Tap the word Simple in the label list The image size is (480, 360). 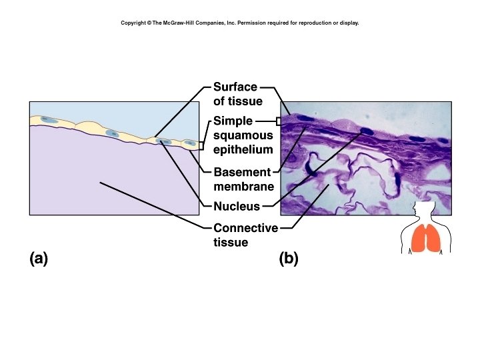point(233,121)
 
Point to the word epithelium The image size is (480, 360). point(243,149)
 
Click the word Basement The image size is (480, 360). point(242,173)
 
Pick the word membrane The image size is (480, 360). point(243,187)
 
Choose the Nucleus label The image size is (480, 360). point(236,206)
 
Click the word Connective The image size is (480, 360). point(245,228)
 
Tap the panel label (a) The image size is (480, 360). point(39,259)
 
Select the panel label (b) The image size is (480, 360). point(289,259)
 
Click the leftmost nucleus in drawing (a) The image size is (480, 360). point(49,120)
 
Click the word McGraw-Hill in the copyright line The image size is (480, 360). point(183,23)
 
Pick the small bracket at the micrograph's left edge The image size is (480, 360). point(279,121)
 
